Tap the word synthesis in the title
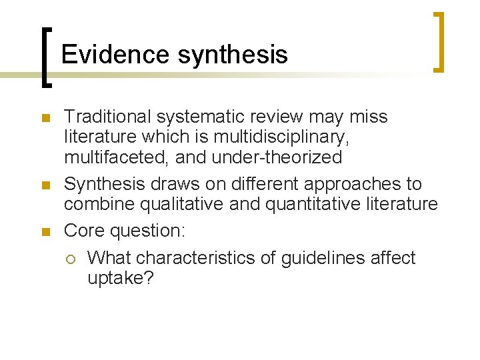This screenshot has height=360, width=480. (233, 55)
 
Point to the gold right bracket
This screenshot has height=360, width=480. (439, 41)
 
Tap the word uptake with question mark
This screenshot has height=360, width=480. (121, 279)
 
